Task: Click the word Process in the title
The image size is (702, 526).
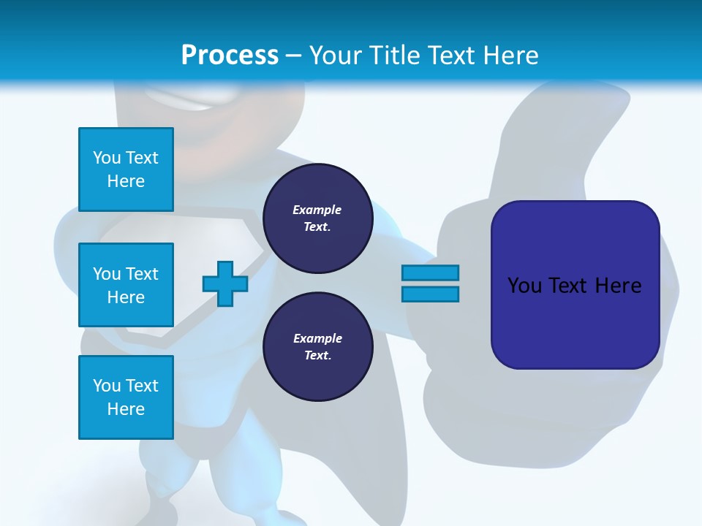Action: [x=230, y=56]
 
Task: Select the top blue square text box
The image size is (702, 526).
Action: [x=126, y=169]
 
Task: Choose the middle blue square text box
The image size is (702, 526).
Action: [x=126, y=285]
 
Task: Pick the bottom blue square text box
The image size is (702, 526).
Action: [x=126, y=397]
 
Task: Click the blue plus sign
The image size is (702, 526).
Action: [x=225, y=283]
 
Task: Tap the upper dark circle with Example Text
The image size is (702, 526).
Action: [x=317, y=218]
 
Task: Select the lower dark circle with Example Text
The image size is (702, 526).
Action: [x=317, y=347]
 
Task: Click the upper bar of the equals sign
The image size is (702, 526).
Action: [x=430, y=272]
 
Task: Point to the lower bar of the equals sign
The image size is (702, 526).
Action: [x=430, y=294]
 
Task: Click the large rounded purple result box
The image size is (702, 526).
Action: [x=575, y=321]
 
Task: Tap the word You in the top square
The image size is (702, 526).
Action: [x=106, y=158]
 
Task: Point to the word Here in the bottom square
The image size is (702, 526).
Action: [x=126, y=409]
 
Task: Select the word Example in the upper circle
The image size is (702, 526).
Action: [x=317, y=210]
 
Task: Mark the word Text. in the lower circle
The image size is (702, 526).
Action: [x=317, y=356]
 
